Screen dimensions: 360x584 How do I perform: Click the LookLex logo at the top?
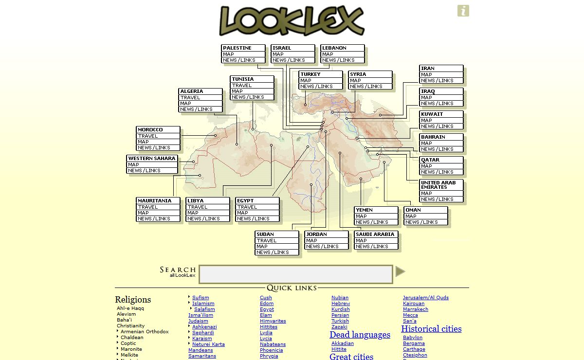pyautogui.click(x=292, y=20)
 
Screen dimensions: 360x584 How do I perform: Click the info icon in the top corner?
pyautogui.click(x=463, y=11)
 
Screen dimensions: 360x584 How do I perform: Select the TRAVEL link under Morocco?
pyautogui.click(x=148, y=136)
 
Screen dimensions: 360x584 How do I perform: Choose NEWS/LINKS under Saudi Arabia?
pyautogui.click(x=370, y=247)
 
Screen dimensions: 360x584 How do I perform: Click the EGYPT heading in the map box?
pyautogui.click(x=245, y=200)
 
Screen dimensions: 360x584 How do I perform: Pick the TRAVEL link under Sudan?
pyautogui.click(x=267, y=240)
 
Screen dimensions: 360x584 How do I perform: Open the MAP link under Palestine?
pyautogui.click(x=228, y=54)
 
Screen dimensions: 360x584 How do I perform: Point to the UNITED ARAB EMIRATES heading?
pyautogui.click(x=438, y=185)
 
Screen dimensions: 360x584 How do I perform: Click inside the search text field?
pyautogui.click(x=295, y=274)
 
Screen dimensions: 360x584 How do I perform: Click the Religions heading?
pyautogui.click(x=133, y=300)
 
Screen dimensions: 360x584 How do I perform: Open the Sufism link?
pyautogui.click(x=201, y=298)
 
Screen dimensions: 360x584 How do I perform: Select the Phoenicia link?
pyautogui.click(x=271, y=350)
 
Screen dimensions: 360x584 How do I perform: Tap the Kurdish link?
pyautogui.click(x=341, y=309)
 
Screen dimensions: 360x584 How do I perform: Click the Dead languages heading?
pyautogui.click(x=360, y=335)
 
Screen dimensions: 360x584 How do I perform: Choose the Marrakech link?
pyautogui.click(x=416, y=309)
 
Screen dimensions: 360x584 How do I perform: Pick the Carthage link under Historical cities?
pyautogui.click(x=414, y=349)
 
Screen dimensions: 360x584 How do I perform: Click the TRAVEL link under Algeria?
pyautogui.click(x=190, y=97)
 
